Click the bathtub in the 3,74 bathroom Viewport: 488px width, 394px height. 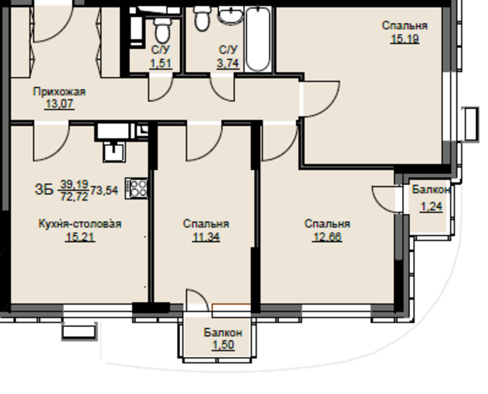[x=258, y=39]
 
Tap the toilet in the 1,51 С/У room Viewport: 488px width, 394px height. [x=162, y=31]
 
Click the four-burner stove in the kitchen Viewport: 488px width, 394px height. [x=136, y=188]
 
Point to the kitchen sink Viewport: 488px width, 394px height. [x=114, y=152]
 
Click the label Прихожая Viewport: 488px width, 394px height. [x=59, y=92]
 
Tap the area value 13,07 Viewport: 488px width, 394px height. [x=59, y=104]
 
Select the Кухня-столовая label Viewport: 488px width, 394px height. [x=80, y=224]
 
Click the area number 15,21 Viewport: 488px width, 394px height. [x=80, y=237]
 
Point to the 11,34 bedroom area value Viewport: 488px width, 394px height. [x=206, y=237]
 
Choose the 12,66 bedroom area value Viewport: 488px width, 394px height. [x=327, y=237]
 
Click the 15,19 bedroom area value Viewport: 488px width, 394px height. [x=405, y=39]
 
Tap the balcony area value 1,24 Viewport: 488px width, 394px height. [x=431, y=207]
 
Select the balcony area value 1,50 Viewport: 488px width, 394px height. [x=223, y=345]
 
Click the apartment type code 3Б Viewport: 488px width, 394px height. [x=44, y=190]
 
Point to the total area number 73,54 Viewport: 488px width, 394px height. [x=104, y=190]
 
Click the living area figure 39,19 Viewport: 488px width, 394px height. [x=74, y=184]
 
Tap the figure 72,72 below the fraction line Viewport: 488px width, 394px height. [x=74, y=197]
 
